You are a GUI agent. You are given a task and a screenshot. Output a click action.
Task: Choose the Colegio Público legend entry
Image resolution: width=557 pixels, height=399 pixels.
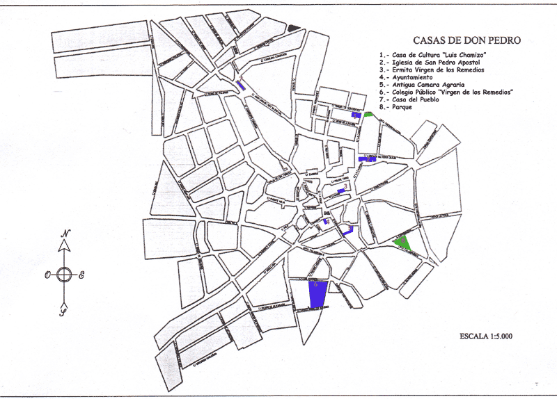point(447,92)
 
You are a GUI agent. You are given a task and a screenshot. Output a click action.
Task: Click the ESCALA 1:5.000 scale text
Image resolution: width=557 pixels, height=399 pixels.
point(486,336)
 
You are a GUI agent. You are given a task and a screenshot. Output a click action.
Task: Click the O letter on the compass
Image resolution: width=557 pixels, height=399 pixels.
point(47,275)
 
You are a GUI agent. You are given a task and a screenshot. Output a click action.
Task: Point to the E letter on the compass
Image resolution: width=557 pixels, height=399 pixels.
point(81,275)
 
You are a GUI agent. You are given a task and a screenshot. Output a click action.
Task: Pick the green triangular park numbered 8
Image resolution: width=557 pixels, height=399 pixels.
point(402,243)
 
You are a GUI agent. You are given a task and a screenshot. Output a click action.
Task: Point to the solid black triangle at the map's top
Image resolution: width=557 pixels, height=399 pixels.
point(294,28)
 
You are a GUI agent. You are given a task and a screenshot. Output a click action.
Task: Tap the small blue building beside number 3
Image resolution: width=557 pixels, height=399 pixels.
point(340,190)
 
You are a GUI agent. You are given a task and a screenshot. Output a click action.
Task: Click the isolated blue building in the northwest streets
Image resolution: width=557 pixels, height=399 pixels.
point(240,85)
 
